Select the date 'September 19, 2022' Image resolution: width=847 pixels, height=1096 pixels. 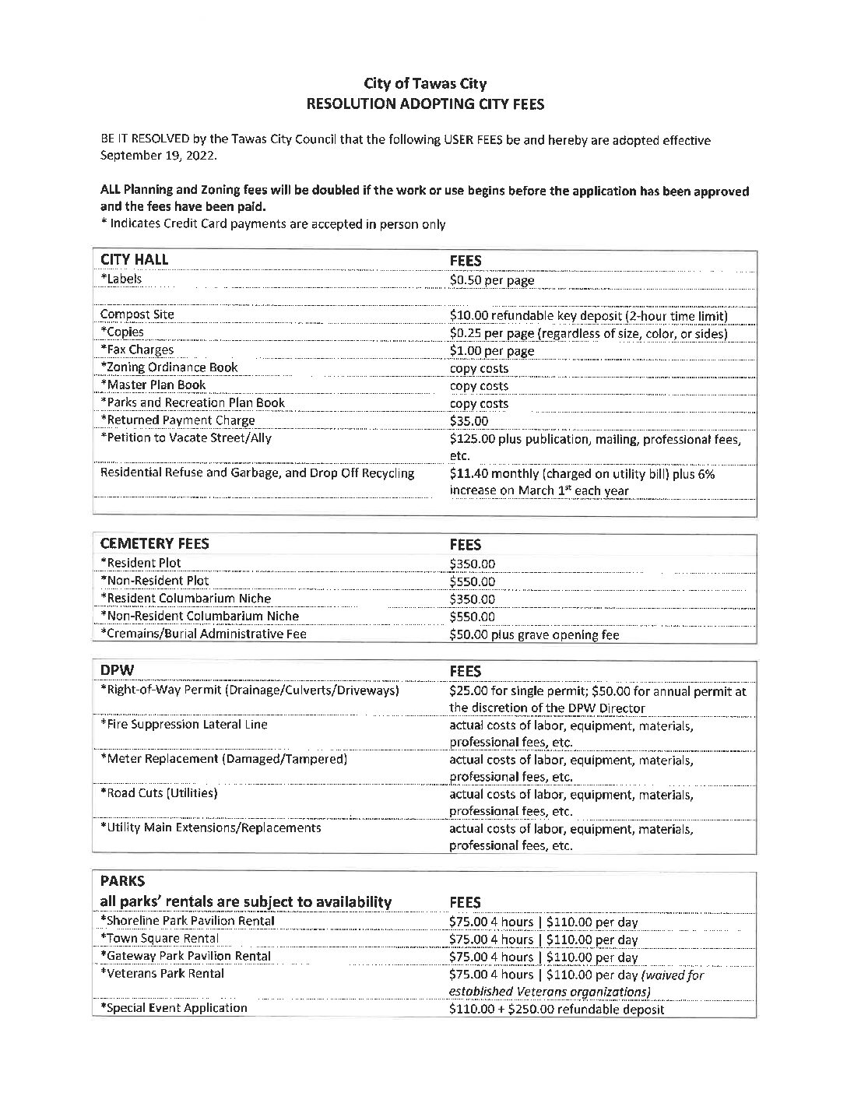pyautogui.click(x=159, y=155)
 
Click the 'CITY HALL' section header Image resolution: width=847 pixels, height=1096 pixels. pyautogui.click(x=134, y=260)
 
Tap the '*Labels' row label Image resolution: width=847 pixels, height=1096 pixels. pyautogui.click(x=121, y=279)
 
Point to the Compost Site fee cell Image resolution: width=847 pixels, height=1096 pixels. pyautogui.click(x=588, y=315)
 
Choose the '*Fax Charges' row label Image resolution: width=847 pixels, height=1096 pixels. pyautogui.click(x=137, y=350)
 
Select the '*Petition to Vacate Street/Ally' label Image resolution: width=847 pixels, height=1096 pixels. pyautogui.click(x=186, y=437)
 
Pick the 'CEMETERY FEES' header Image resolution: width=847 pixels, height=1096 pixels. pyautogui.click(x=155, y=544)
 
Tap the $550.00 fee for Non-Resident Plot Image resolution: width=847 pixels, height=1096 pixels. pyautogui.click(x=472, y=581)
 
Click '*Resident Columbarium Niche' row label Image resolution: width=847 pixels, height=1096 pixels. pyautogui.click(x=186, y=598)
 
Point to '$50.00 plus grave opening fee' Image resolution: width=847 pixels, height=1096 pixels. pyautogui.click(x=534, y=634)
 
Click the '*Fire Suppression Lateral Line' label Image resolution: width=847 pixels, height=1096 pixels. pyautogui.click(x=184, y=724)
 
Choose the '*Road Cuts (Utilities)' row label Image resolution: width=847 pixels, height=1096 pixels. pyautogui.click(x=159, y=792)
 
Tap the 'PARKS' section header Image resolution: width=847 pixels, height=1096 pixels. pyautogui.click(x=123, y=882)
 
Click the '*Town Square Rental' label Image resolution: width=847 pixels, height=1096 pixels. pyautogui.click(x=160, y=938)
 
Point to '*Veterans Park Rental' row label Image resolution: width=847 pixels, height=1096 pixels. pyautogui.click(x=162, y=973)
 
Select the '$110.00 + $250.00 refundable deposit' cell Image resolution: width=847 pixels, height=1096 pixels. pyautogui.click(x=557, y=1010)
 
